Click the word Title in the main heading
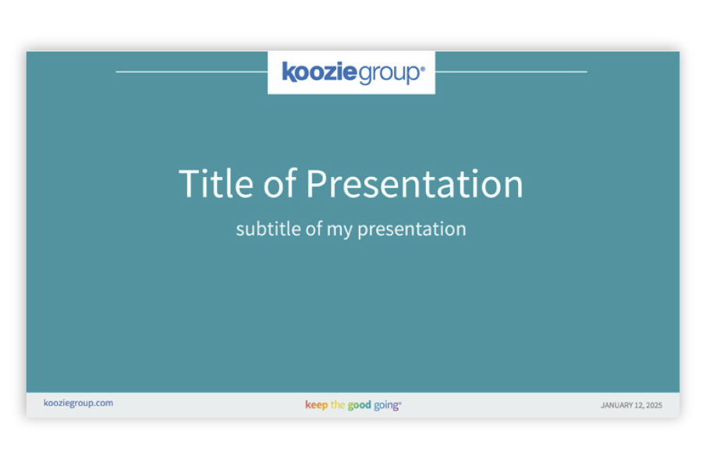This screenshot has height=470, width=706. [216, 183]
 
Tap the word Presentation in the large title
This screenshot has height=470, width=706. [415, 183]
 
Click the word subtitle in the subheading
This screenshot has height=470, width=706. [268, 228]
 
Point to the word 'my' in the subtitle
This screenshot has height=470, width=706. [339, 230]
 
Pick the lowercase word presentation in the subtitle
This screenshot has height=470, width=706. [412, 229]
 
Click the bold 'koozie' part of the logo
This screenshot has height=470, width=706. [319, 72]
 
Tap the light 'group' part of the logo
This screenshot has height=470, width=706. [388, 74]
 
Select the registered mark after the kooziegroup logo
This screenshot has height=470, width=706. [422, 69]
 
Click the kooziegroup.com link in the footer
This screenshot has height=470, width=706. [78, 403]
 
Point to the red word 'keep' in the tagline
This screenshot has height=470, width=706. [317, 405]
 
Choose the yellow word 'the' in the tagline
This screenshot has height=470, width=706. [338, 405]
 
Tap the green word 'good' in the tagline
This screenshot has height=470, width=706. [360, 405]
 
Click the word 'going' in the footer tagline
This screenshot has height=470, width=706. [386, 405]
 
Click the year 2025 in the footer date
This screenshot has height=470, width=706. [655, 405]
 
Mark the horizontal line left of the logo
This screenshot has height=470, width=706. [192, 72]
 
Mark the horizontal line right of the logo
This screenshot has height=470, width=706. [511, 72]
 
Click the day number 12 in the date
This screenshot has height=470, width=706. [639, 405]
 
